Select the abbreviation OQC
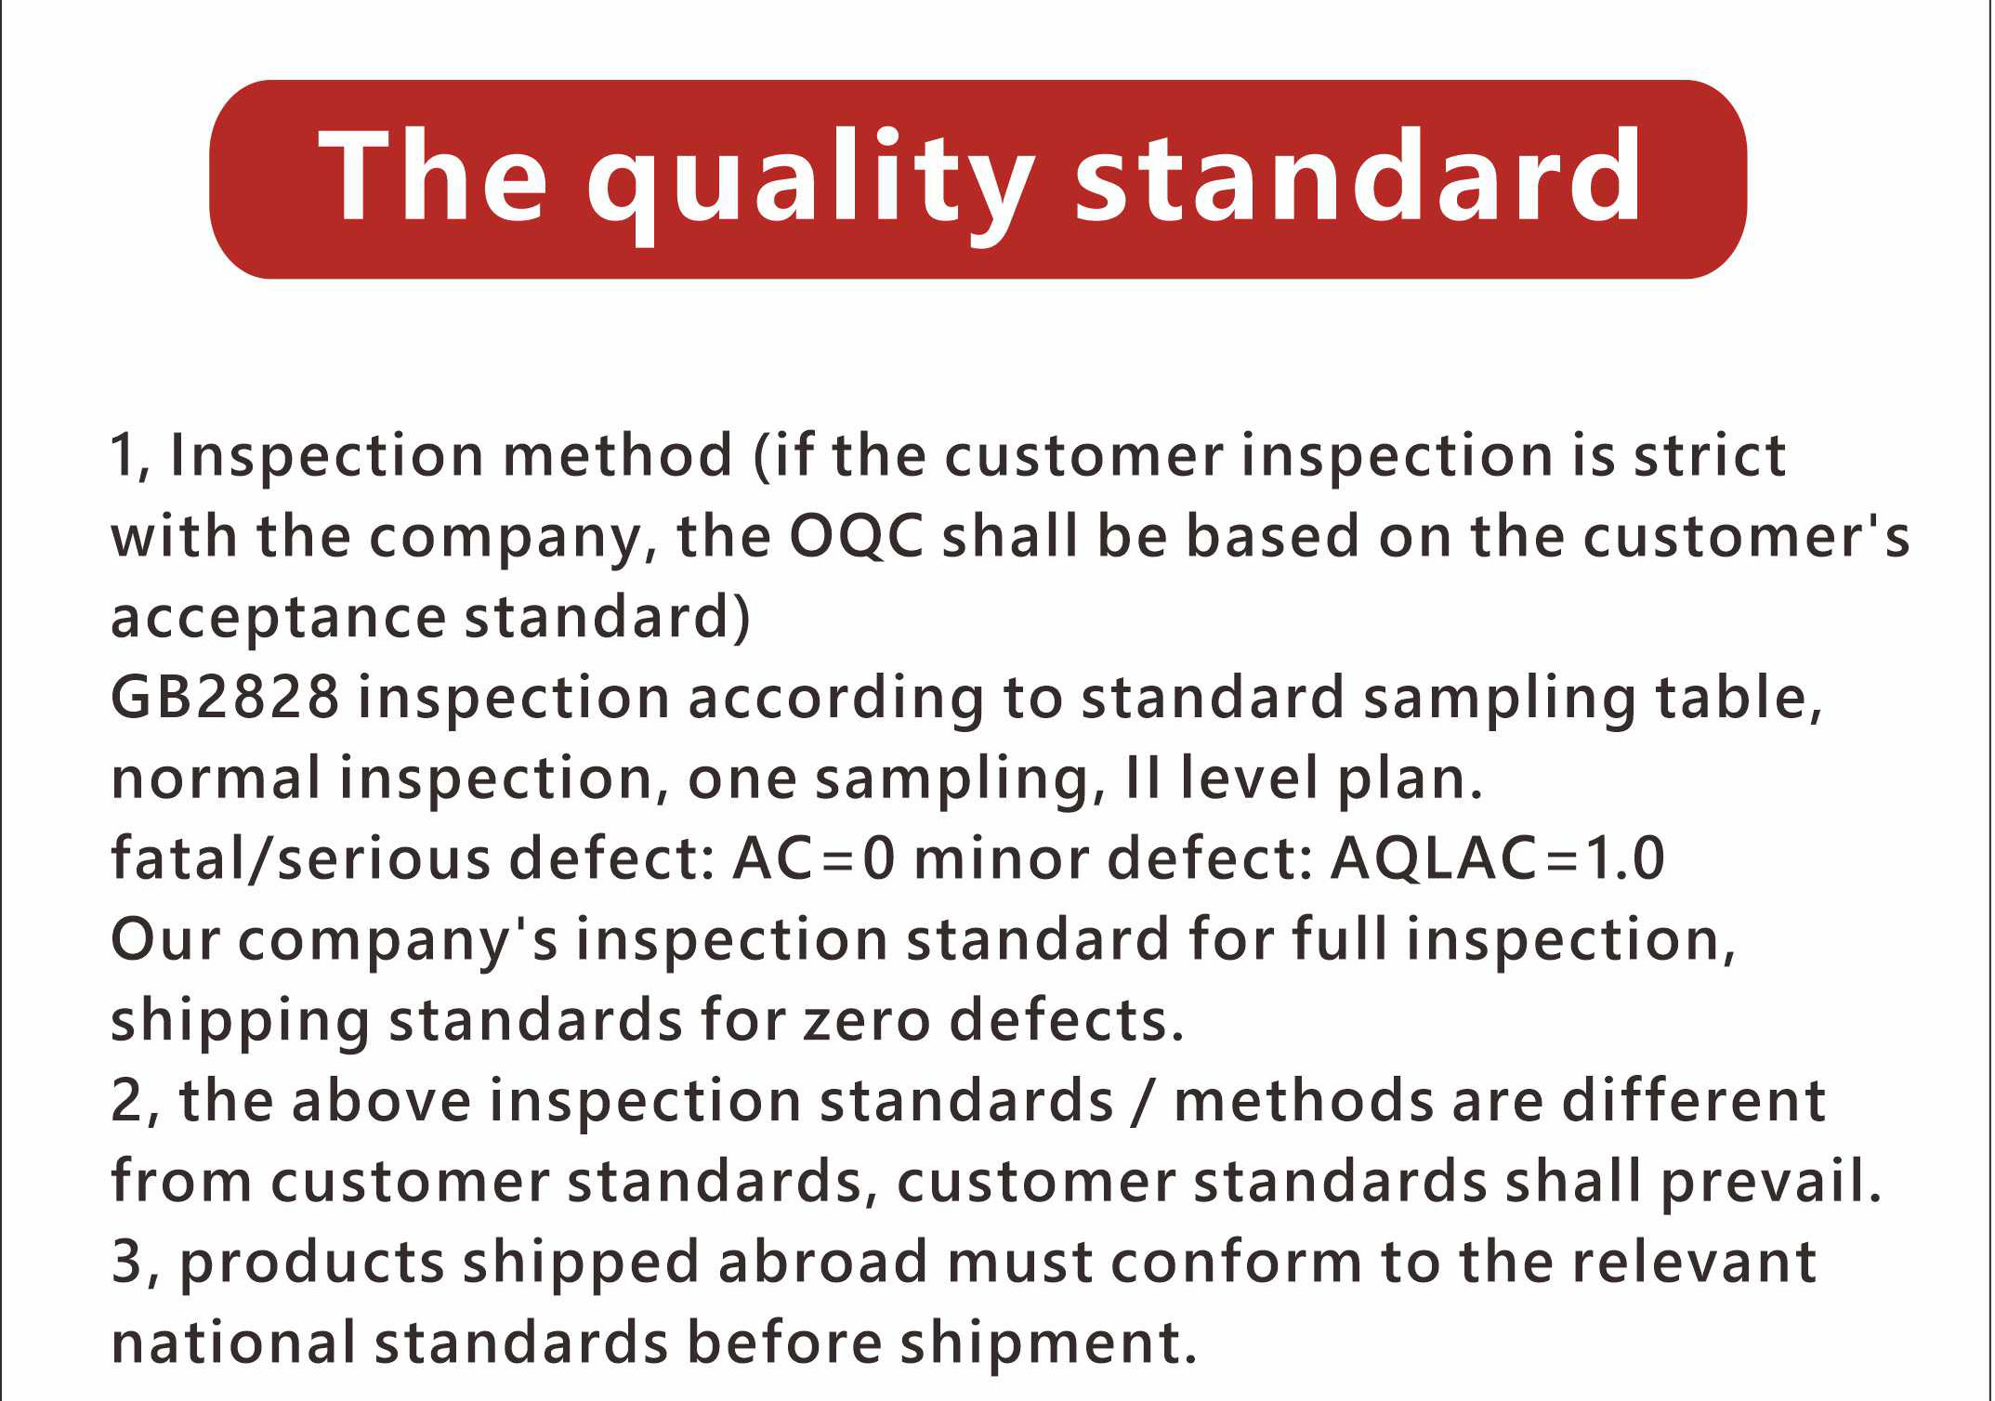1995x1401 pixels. (857, 537)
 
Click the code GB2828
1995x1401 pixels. (225, 697)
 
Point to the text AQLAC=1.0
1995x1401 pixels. (1497, 858)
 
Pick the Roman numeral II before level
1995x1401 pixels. (1142, 778)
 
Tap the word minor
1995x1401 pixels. (1001, 858)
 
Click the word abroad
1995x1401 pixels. (822, 1262)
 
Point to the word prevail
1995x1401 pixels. (1770, 1183)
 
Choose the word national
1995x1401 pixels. (233, 1342)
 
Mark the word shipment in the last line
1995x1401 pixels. (1047, 1343)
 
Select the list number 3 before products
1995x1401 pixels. (125, 1262)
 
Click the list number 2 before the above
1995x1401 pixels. (125, 1101)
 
